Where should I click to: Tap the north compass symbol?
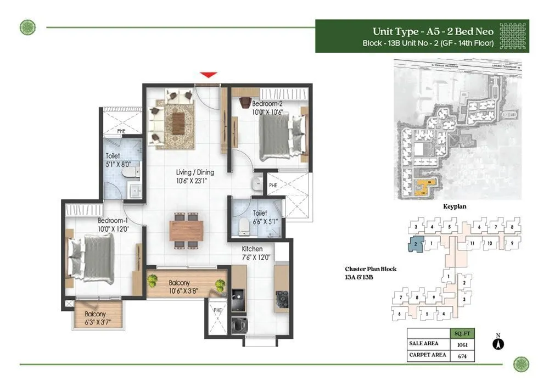(499, 344)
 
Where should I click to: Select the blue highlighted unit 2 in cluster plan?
(417, 243)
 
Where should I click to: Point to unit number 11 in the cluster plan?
(470, 243)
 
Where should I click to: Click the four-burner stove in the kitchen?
(282, 299)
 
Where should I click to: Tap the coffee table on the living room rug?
(179, 123)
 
